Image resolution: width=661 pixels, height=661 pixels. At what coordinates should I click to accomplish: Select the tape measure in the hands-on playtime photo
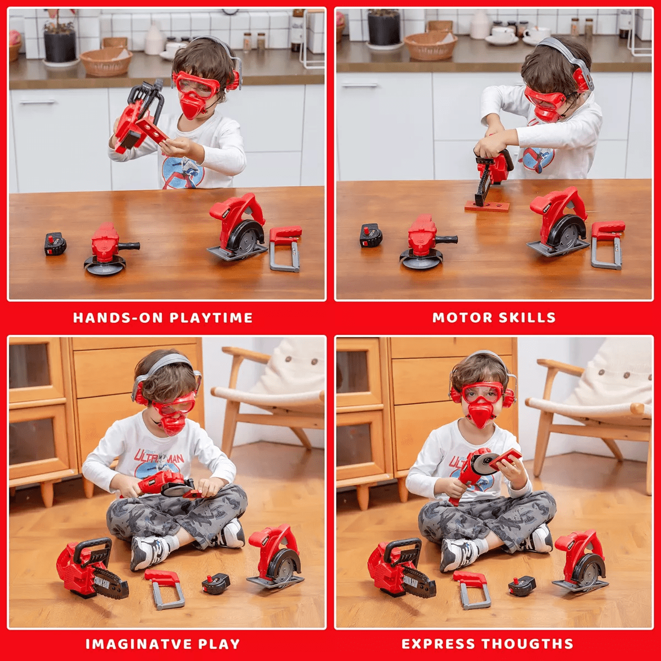(55, 243)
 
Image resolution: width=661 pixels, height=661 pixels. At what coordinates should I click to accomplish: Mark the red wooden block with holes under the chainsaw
(487, 206)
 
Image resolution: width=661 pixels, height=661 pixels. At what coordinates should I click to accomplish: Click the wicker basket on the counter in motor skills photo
(430, 46)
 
